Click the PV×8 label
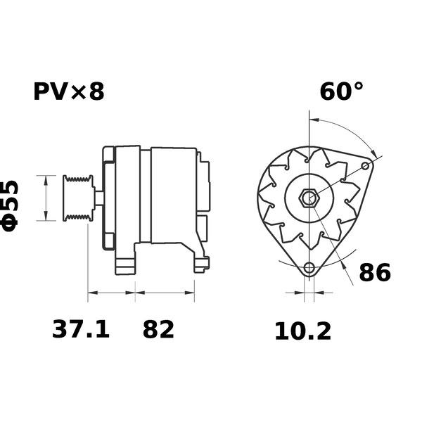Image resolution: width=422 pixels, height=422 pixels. [69, 91]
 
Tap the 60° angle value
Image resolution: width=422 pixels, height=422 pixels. [341, 91]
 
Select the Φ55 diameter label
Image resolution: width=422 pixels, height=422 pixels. [11, 206]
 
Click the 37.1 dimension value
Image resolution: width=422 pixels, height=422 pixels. [81, 329]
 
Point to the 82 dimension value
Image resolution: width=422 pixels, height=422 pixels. [158, 329]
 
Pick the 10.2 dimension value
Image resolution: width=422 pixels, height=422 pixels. [302, 331]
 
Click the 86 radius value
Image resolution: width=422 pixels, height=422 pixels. [375, 272]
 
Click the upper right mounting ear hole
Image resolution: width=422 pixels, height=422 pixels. [365, 166]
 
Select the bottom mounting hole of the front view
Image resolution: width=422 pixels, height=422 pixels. [309, 268]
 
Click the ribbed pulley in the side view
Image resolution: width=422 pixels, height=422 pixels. [79, 198]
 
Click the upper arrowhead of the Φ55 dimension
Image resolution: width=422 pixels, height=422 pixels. [46, 181]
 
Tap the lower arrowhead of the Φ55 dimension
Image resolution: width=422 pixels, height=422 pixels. [46, 216]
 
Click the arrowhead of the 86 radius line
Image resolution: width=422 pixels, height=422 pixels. [343, 264]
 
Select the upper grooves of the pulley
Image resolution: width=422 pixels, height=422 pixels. [78, 179]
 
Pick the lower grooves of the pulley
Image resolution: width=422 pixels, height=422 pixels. [78, 217]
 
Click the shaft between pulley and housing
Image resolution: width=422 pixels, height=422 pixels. [98, 198]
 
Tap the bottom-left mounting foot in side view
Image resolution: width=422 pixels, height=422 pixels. [125, 267]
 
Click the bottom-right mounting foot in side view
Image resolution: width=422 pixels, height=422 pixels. [202, 265]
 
